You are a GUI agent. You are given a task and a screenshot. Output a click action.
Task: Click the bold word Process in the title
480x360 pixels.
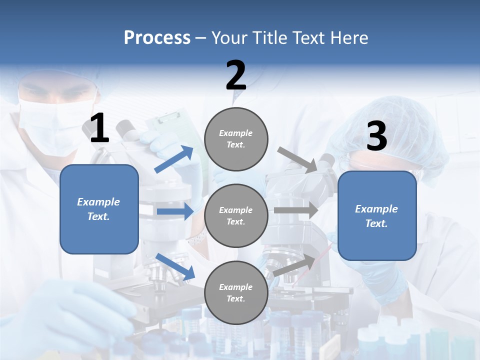157,38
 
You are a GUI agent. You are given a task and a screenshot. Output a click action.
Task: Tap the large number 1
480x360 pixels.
99,128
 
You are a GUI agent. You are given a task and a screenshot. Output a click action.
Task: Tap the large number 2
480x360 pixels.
236,75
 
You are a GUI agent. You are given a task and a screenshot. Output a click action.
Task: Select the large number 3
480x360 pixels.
376,136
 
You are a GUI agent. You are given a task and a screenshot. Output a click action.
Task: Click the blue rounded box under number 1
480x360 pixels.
99,209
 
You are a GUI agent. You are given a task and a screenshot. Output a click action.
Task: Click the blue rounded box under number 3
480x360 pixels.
377,215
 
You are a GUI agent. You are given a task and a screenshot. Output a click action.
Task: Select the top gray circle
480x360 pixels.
236,139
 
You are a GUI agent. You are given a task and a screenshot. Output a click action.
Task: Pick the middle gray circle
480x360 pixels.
236,215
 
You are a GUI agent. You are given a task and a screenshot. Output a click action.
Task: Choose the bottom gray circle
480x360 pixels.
236,292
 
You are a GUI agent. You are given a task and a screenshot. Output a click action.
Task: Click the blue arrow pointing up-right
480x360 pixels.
174,159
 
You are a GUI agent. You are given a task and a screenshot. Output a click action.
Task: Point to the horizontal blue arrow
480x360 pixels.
175,211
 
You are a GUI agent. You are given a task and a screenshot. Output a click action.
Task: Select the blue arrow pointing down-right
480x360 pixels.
175,266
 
